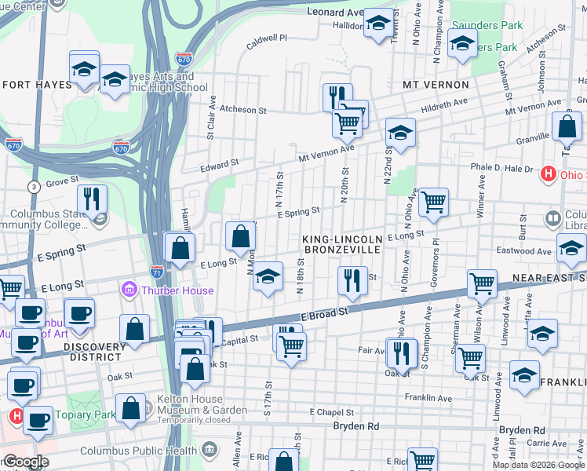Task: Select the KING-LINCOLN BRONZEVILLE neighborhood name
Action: pyautogui.click(x=343, y=243)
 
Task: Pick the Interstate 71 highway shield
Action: pyautogui.click(x=157, y=271)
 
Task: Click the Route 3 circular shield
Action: pyautogui.click(x=34, y=186)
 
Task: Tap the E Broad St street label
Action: pyautogui.click(x=325, y=313)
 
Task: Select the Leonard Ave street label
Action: pyautogui.click(x=336, y=13)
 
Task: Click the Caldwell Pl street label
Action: pyautogui.click(x=267, y=38)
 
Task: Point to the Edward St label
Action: pyautogui.click(x=219, y=165)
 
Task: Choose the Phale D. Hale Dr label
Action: pyautogui.click(x=501, y=168)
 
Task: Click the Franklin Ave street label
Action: pyautogui.click(x=428, y=398)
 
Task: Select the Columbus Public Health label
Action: pyautogui.click(x=140, y=450)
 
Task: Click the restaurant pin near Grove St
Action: pyautogui.click(x=93, y=200)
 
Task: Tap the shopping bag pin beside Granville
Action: pyautogui.click(x=567, y=126)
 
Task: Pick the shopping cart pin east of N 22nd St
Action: pyautogui.click(x=433, y=203)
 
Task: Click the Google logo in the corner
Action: pyautogui.click(x=25, y=462)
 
